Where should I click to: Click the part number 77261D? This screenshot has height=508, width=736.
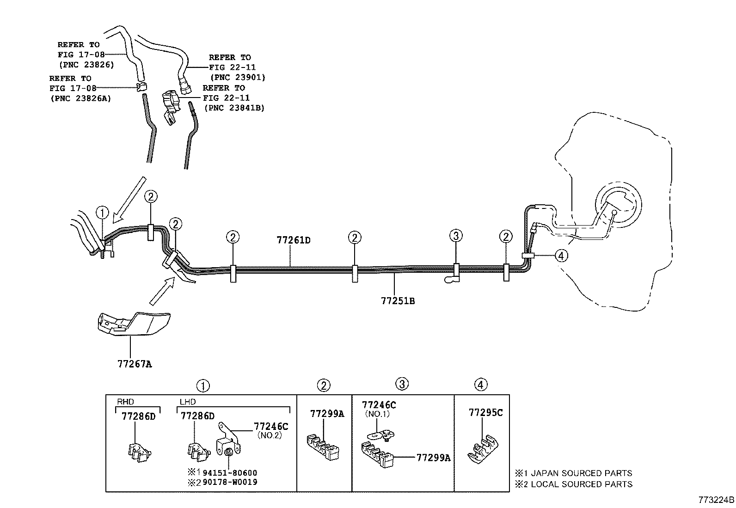pyautogui.click(x=293, y=240)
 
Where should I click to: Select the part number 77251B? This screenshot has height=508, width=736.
pyautogui.click(x=398, y=301)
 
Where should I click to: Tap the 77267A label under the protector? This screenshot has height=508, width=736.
pyautogui.click(x=135, y=364)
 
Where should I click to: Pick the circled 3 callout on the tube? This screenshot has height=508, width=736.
pyautogui.click(x=456, y=236)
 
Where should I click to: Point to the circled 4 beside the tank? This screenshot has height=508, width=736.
pyautogui.click(x=561, y=255)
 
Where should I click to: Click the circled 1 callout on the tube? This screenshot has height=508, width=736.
pyautogui.click(x=102, y=213)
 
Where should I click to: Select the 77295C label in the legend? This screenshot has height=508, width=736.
pyautogui.click(x=485, y=412)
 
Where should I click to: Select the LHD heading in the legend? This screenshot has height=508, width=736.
pyautogui.click(x=187, y=402)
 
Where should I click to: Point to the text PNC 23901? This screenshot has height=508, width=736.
pyautogui.click(x=238, y=77)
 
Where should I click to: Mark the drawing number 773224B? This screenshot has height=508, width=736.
pyautogui.click(x=716, y=500)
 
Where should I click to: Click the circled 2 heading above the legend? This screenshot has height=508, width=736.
pyautogui.click(x=324, y=385)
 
